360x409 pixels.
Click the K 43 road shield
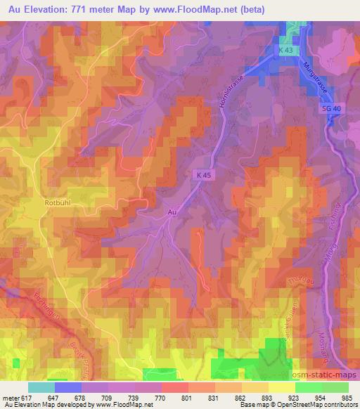(284, 51)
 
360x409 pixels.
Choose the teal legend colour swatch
(41, 387)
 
